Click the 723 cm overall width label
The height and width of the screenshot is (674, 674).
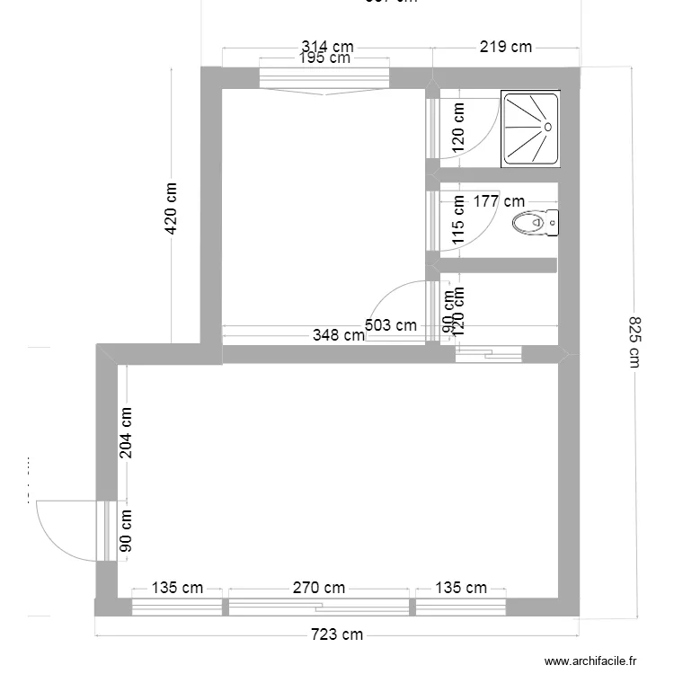[x=337, y=634]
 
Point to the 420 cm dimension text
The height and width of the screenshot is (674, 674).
[x=171, y=208]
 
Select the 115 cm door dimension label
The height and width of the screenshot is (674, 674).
[x=458, y=221]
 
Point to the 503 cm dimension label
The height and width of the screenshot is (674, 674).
[x=391, y=325]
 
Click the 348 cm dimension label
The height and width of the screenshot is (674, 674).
[x=338, y=335]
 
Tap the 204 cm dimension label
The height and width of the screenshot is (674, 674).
[x=126, y=432]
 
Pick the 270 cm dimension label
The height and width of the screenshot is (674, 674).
[x=320, y=589]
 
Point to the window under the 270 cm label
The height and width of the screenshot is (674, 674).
[x=320, y=607]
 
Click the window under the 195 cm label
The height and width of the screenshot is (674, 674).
[x=324, y=79]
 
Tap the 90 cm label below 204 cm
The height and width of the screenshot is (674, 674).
[x=126, y=530]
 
